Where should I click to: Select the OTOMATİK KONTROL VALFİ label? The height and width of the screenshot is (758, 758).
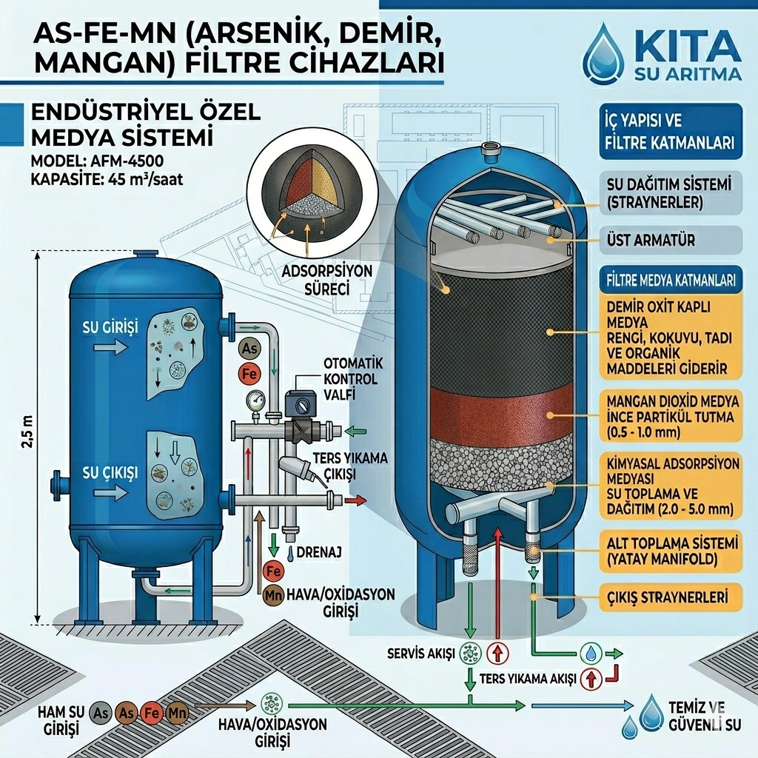click(x=350, y=379)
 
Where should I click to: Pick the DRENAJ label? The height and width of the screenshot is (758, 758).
click(x=319, y=551)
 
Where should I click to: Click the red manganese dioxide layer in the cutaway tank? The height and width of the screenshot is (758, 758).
click(x=500, y=409)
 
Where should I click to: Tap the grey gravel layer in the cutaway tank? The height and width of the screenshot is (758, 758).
click(x=500, y=461)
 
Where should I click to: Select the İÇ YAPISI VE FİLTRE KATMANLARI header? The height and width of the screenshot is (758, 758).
click(x=669, y=131)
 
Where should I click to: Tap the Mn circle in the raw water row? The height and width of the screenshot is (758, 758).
click(x=178, y=714)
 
